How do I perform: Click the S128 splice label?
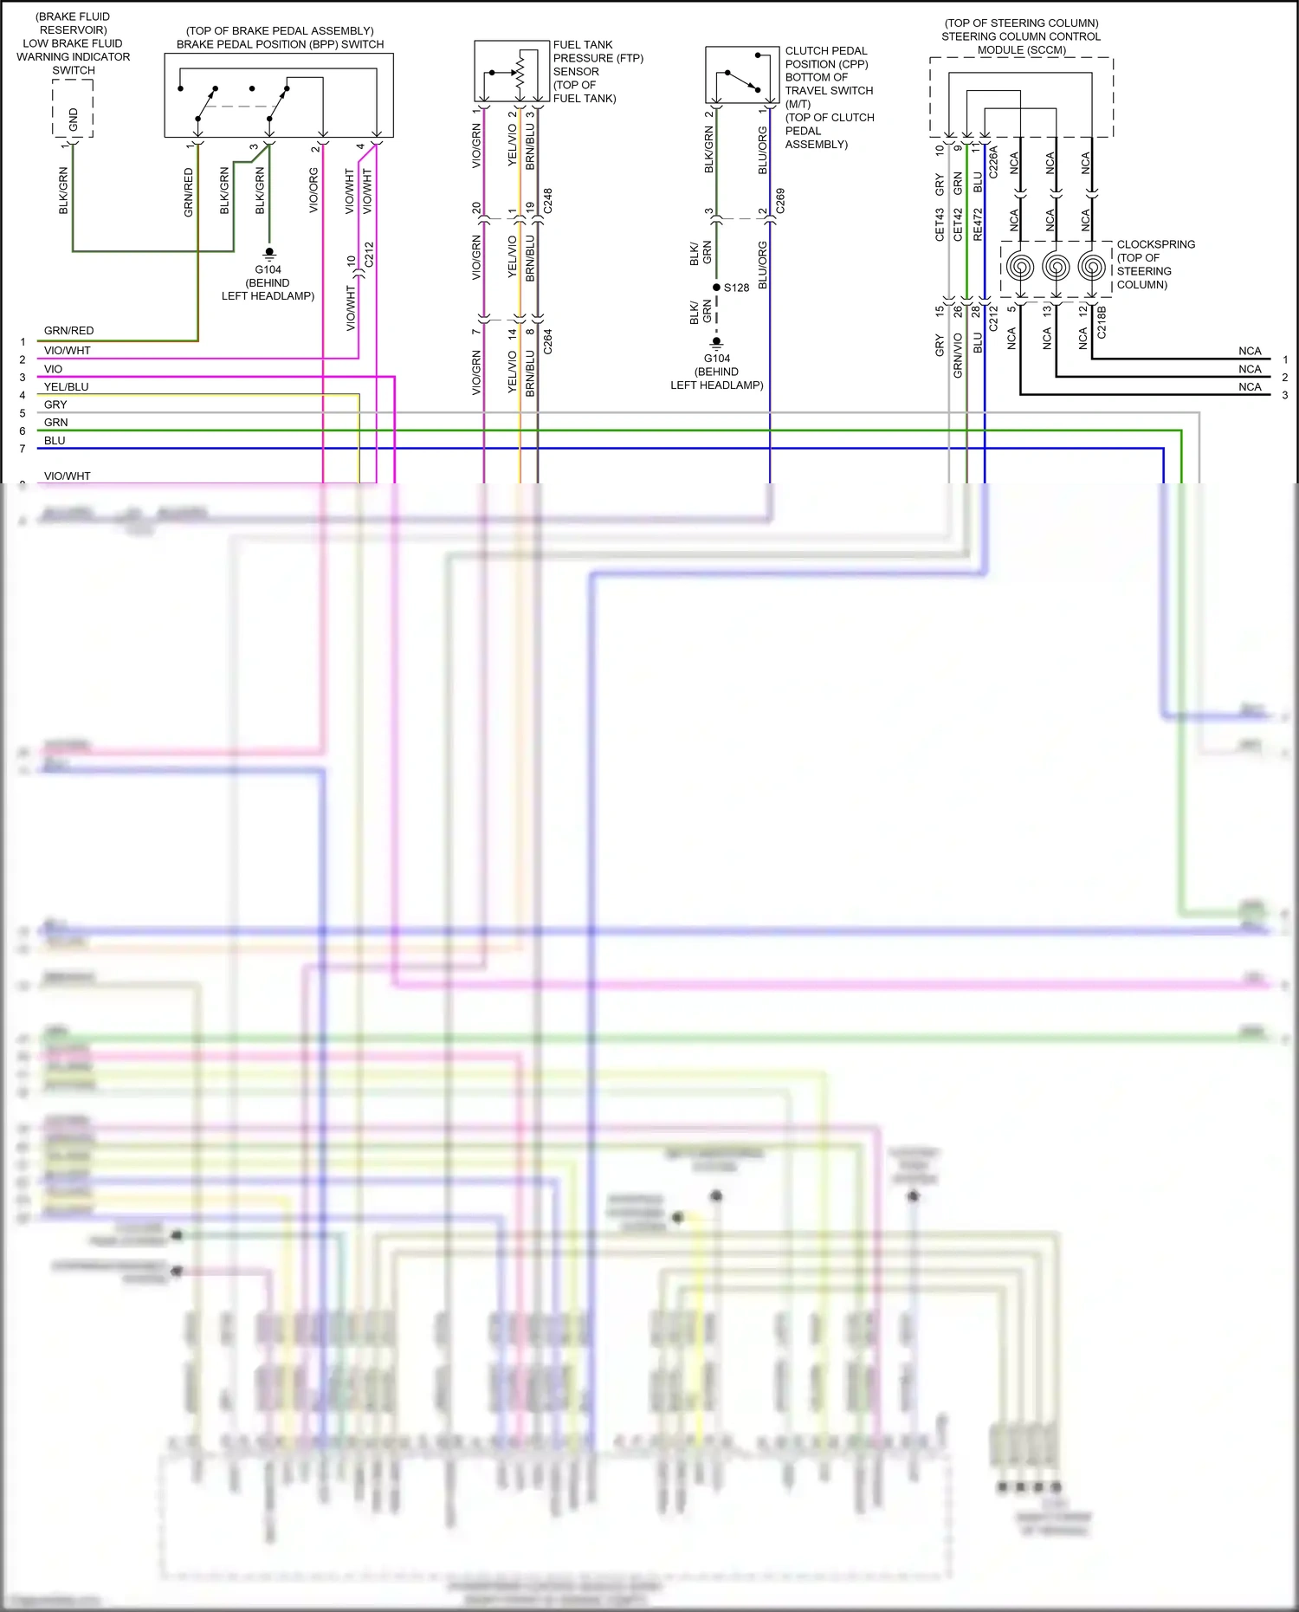pos(737,288)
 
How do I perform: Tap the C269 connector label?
pos(779,200)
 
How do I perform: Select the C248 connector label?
pos(547,200)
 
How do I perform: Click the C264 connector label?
pos(547,341)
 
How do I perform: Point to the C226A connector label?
pos(993,162)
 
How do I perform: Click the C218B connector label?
pos(1102,321)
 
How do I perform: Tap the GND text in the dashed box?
pos(73,119)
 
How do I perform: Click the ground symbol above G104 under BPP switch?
pos(269,253)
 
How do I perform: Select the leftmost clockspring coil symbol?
pos(1020,266)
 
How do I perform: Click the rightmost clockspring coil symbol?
pos(1091,266)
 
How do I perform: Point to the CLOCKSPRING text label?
pos(1155,244)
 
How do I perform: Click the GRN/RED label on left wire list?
pos(68,331)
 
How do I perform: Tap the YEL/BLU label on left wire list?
pos(66,387)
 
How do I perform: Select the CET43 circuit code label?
pos(940,224)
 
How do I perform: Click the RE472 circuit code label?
pos(978,224)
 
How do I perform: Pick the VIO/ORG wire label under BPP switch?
pos(313,191)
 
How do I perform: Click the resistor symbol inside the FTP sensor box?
pos(520,69)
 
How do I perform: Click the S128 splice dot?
pos(716,288)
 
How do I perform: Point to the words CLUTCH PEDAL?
pos(825,51)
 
